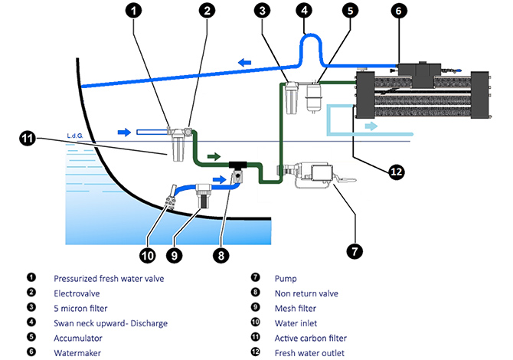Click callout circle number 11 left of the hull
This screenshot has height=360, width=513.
[x=28, y=139]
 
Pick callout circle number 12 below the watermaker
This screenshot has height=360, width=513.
[x=396, y=172]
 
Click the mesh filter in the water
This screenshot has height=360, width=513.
[x=203, y=195]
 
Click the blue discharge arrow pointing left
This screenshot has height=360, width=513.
[x=247, y=62]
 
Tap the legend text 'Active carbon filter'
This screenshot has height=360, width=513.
[x=310, y=338]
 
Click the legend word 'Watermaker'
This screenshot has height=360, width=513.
[x=77, y=352]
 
